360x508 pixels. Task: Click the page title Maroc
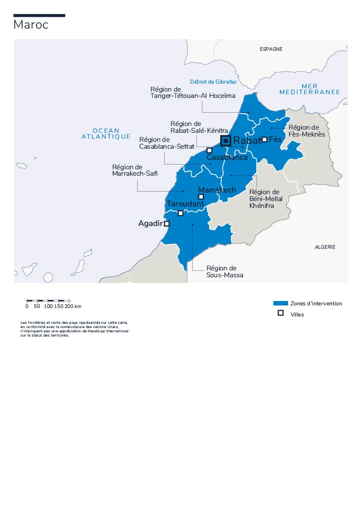31,25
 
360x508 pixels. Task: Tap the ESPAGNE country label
271,49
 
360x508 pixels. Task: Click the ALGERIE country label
325,247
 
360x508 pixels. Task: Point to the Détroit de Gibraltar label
213,82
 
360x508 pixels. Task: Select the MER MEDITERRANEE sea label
310,89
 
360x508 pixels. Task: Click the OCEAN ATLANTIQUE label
106,133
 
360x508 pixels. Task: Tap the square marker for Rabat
226,140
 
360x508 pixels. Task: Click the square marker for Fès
265,139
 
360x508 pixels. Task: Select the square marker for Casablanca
210,150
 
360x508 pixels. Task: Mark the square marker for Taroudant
181,213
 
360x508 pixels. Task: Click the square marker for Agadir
167,224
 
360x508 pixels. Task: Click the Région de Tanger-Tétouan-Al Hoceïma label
192,93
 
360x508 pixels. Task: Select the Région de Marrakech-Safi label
134,170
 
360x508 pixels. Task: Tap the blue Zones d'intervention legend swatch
280,304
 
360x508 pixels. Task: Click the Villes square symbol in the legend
280,314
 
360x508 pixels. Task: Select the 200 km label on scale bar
73,306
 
